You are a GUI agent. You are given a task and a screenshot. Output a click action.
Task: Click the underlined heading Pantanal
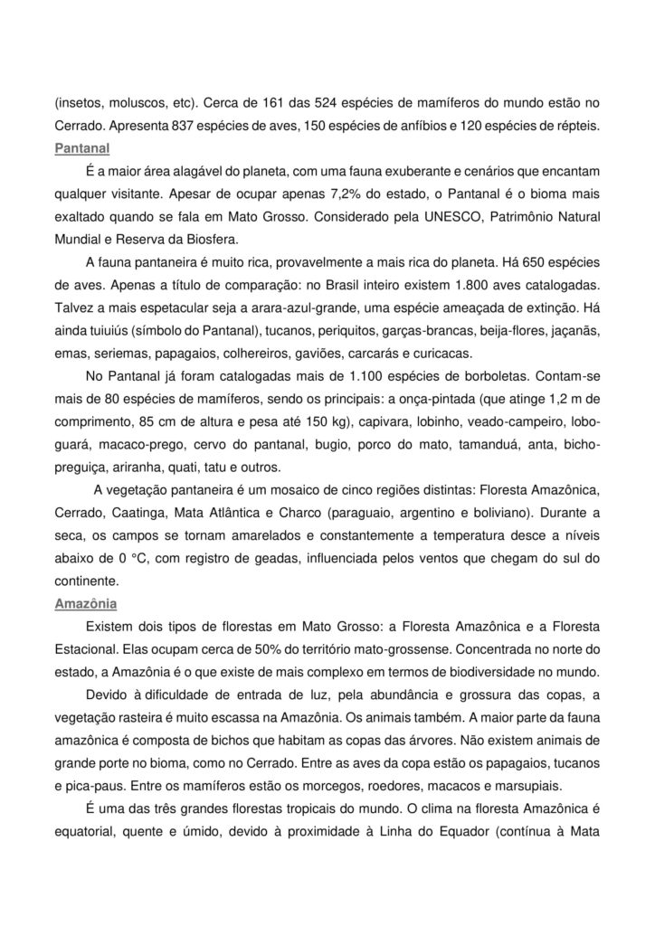click(81, 146)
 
